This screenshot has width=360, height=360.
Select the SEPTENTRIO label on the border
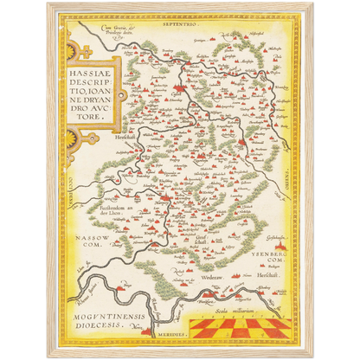coord(178,26)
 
